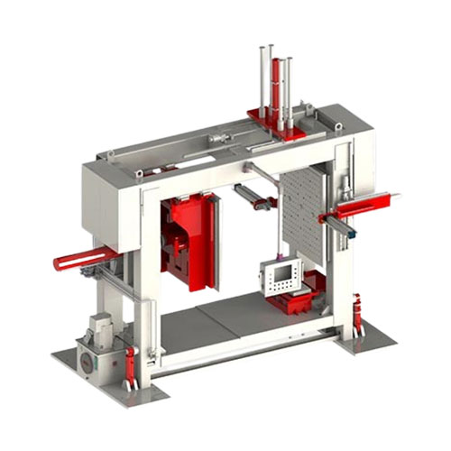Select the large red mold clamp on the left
pos(189,242)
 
